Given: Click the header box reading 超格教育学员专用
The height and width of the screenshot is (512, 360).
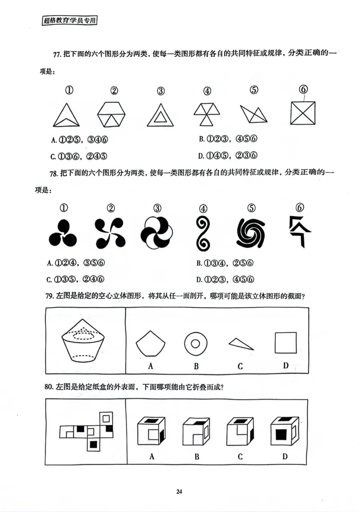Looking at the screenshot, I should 70,20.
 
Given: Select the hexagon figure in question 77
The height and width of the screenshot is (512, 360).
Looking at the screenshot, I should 112,113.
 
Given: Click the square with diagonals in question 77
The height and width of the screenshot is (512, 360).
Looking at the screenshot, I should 303,113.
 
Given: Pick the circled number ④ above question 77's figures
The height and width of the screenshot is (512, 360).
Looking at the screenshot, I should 207,91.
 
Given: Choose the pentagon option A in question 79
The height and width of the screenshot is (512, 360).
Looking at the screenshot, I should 150,344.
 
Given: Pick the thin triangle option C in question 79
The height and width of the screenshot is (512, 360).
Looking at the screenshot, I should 241,344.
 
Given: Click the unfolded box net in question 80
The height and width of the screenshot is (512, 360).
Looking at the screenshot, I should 88,431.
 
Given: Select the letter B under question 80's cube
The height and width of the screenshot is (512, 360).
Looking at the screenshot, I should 197,456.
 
